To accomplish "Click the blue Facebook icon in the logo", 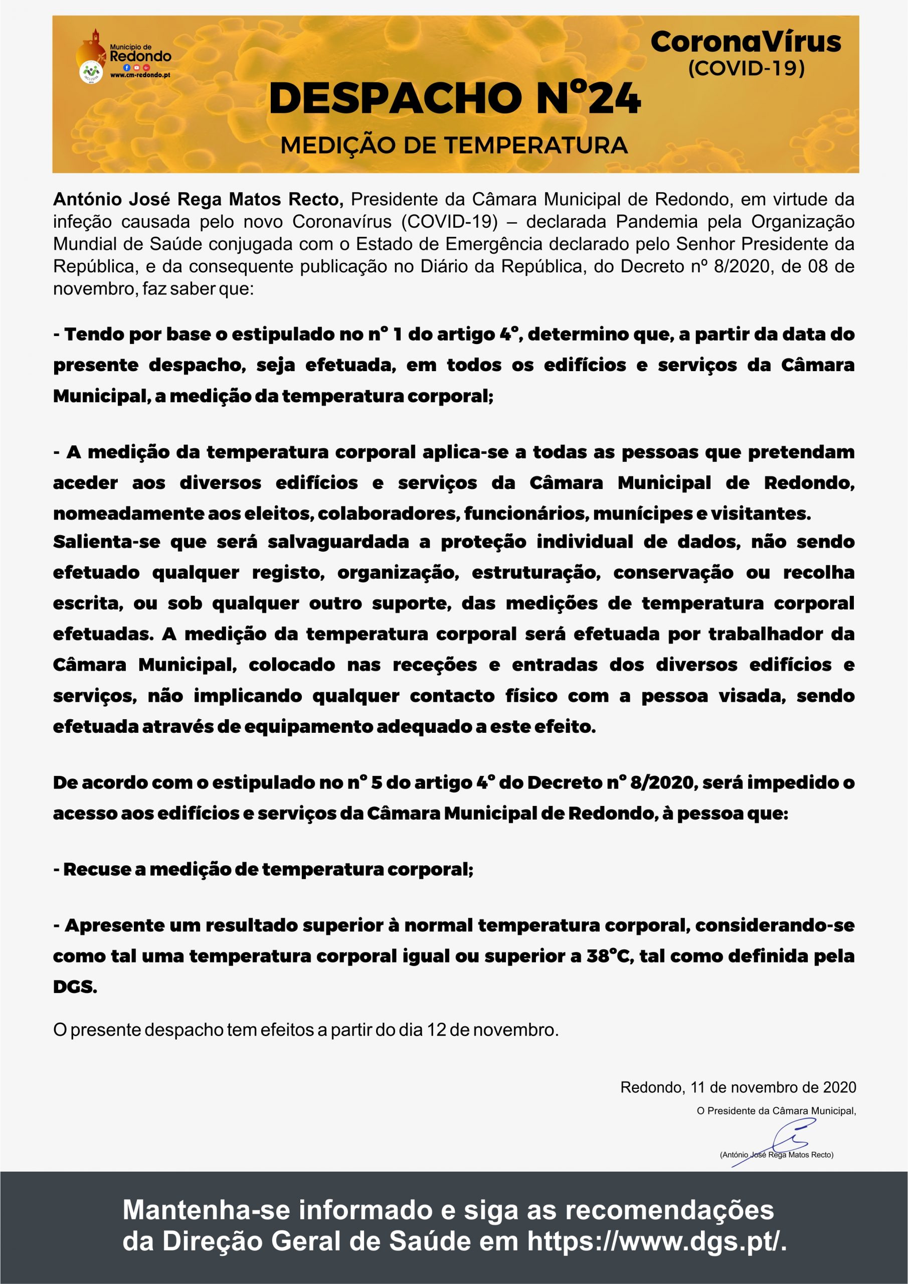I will [x=127, y=67].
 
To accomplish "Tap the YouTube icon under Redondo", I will [x=136, y=67].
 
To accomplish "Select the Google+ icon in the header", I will [x=146, y=67].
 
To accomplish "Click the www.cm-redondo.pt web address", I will [x=140, y=75].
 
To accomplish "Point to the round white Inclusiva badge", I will [x=92, y=72].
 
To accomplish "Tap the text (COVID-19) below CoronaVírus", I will [x=746, y=68].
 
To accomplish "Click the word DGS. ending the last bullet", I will [x=75, y=987].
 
